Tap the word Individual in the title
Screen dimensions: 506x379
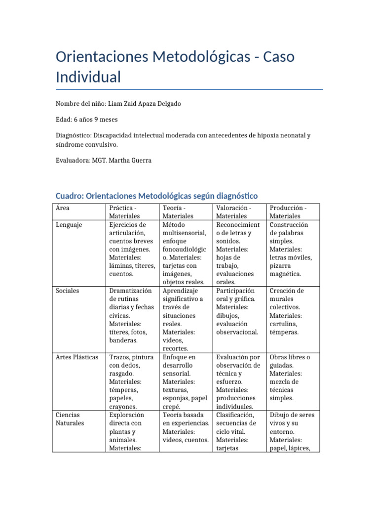88,77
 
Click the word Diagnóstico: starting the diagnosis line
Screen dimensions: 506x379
76,135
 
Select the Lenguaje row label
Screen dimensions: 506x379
69,225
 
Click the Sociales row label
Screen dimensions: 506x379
68,291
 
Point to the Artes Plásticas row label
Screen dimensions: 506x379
77,357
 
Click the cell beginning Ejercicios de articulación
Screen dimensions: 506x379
132,249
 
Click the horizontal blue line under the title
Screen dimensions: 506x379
189,89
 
